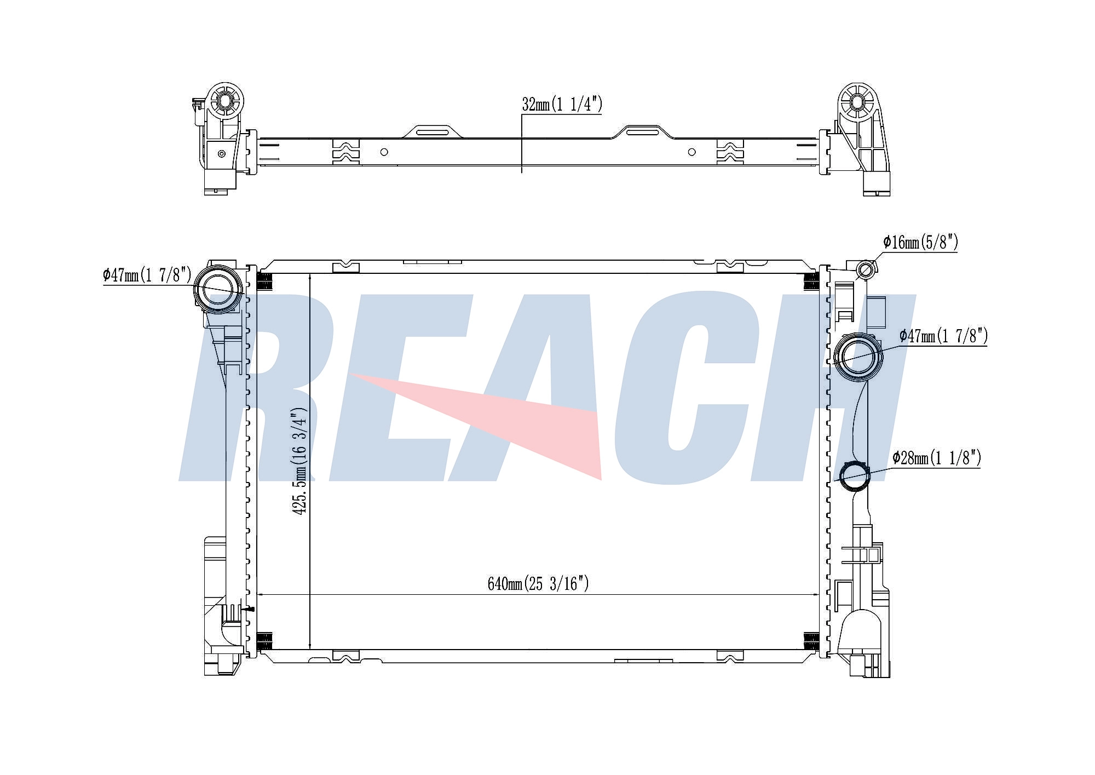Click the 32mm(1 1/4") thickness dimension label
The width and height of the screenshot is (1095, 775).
click(x=562, y=104)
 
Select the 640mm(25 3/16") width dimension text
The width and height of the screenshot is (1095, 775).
click(x=538, y=584)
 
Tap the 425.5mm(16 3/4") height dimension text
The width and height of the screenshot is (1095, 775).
click(x=300, y=461)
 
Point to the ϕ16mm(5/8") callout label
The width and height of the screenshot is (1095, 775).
click(x=920, y=242)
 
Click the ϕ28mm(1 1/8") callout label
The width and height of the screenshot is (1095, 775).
click(x=936, y=458)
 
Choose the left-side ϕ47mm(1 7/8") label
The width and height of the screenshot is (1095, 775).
click(x=147, y=274)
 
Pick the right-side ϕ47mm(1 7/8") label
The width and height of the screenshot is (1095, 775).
click(x=943, y=336)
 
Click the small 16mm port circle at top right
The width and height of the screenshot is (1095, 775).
click(x=866, y=270)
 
